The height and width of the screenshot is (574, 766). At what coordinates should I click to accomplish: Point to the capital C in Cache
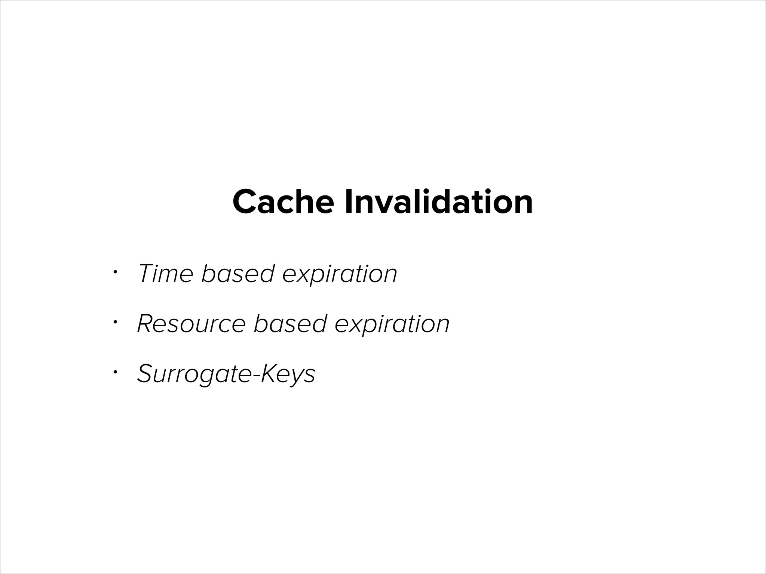[x=245, y=202]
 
